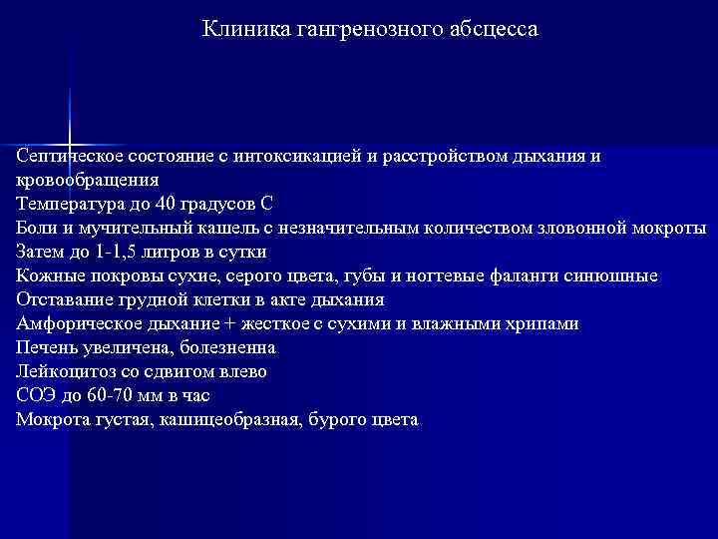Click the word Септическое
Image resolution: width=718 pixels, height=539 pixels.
pos(65,157)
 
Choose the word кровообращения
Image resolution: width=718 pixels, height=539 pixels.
pos(87,181)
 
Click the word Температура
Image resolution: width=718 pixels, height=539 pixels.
pos(66,205)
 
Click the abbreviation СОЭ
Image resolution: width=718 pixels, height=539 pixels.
pos(36,396)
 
